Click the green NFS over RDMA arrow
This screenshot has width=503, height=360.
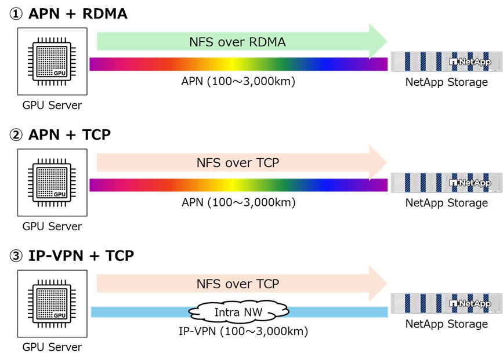[238, 42]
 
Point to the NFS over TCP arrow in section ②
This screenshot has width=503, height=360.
[238, 163]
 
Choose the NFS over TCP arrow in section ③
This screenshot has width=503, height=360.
[238, 284]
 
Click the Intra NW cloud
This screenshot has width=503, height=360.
[238, 312]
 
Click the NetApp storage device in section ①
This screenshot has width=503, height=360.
[446, 62]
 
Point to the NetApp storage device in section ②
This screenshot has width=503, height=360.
[446, 183]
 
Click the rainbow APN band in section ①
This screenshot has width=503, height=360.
[238, 64]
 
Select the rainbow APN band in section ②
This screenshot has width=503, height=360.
[238, 185]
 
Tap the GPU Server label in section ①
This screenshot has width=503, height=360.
[52, 105]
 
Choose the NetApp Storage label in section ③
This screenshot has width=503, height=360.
[446, 324]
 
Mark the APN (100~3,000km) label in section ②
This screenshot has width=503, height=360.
[238, 203]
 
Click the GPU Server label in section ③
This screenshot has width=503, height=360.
[52, 347]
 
